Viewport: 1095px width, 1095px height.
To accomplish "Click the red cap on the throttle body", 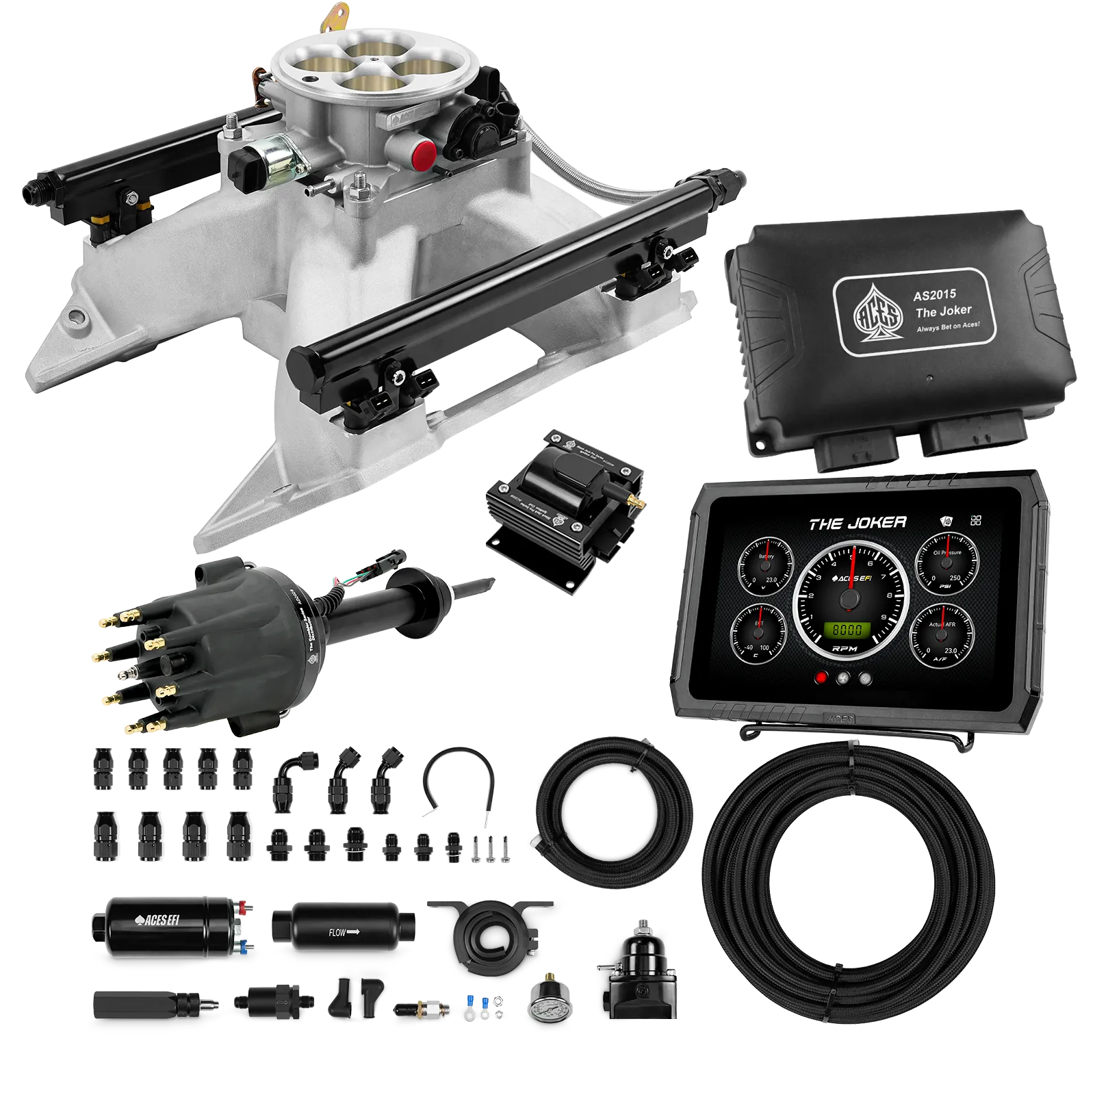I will coord(423,155).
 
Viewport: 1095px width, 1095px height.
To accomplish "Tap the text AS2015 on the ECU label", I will coord(934,296).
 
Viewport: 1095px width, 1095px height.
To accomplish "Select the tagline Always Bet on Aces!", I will coord(948,327).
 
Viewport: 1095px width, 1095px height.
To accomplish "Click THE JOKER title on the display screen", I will coord(858,524).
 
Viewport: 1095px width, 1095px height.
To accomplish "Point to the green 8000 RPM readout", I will coord(847,630).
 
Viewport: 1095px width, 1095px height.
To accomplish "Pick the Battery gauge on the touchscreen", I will coord(766,567).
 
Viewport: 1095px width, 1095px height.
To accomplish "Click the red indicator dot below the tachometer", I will coord(821,678).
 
